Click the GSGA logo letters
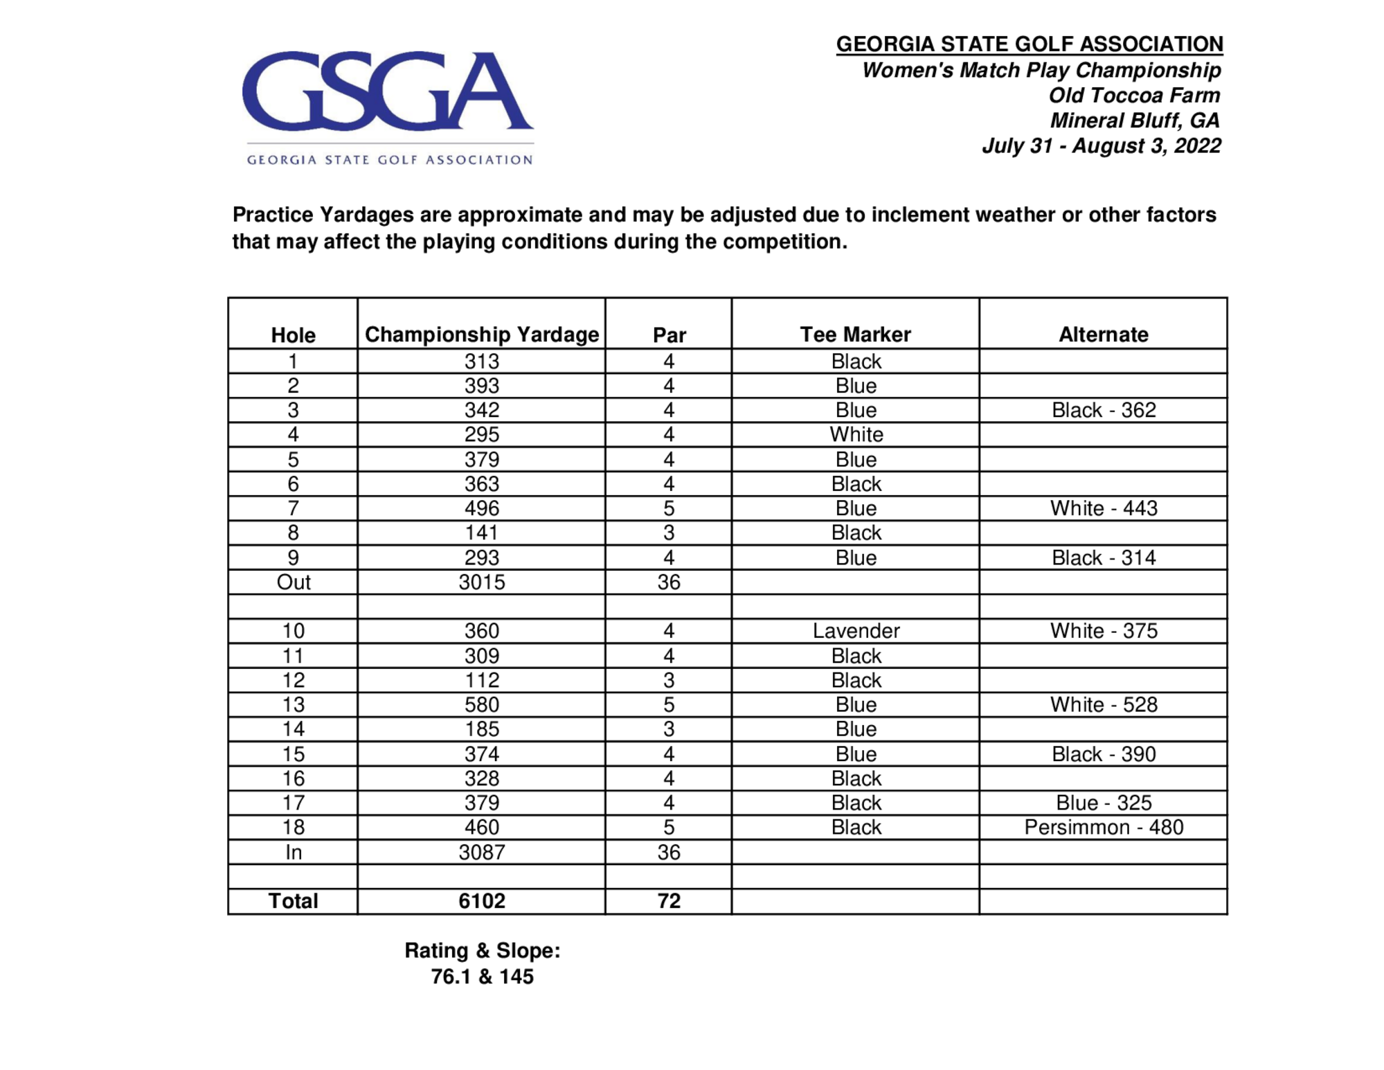point(387,91)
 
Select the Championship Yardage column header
point(481,335)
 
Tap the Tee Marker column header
point(855,335)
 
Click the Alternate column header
point(1103,335)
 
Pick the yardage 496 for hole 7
point(481,508)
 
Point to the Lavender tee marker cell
point(856,631)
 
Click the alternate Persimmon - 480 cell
point(1103,827)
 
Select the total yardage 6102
point(481,900)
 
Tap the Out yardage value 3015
point(481,582)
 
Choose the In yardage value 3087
point(481,852)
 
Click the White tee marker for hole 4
point(856,434)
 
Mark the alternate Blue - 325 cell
point(1103,803)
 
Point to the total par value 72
point(668,900)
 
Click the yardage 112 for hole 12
point(481,680)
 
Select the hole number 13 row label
point(293,704)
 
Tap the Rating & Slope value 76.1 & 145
point(482,977)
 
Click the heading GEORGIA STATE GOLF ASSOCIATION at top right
point(1029,44)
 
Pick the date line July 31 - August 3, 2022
point(1101,146)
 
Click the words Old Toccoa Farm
point(1133,96)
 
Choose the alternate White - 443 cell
point(1103,508)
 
